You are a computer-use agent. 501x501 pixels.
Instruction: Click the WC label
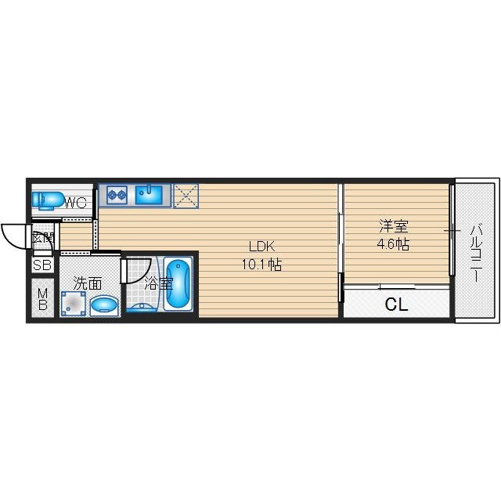[76, 202]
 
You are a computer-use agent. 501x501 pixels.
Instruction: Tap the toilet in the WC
[47, 200]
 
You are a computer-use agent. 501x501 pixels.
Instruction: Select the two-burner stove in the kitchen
[117, 195]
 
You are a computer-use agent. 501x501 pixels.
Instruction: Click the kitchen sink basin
[149, 195]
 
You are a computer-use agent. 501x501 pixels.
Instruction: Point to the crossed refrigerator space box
[186, 196]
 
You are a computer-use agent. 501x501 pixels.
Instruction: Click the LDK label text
[261, 247]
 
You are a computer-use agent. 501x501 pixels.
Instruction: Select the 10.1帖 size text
[261, 265]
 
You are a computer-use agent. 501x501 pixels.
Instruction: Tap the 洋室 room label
[394, 226]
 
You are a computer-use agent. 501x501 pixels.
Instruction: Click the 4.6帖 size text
[393, 245]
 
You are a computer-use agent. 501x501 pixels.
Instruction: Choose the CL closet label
[397, 305]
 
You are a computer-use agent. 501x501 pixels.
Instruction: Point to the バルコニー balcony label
[477, 253]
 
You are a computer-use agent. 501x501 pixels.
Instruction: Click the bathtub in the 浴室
[178, 284]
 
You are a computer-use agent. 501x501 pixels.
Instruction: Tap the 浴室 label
[159, 283]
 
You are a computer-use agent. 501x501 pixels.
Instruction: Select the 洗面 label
[88, 283]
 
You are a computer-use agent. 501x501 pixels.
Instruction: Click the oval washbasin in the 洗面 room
[104, 305]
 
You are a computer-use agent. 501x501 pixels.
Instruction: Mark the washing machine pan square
[74, 304]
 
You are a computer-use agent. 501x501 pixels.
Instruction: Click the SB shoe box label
[42, 265]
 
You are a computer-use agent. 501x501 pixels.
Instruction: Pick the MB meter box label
[42, 299]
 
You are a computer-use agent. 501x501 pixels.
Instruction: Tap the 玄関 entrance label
[42, 238]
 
